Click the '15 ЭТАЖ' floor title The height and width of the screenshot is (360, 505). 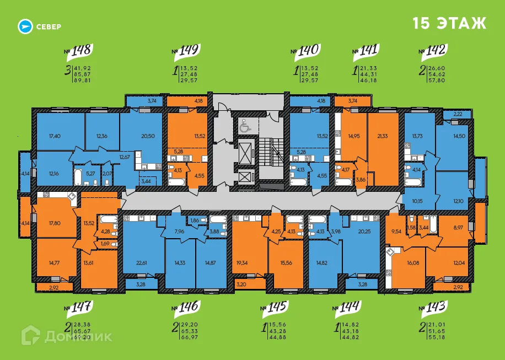point(449,24)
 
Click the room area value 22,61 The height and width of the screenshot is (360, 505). point(142,263)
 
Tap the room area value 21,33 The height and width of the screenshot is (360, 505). point(381,136)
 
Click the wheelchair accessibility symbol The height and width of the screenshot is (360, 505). point(244,126)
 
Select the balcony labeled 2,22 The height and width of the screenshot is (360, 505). point(458,114)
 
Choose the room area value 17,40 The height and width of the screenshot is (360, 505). point(55,136)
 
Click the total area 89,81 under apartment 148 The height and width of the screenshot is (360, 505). point(82,80)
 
